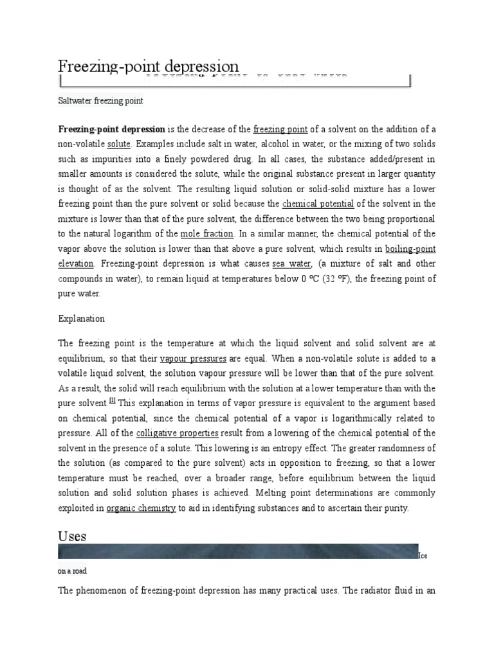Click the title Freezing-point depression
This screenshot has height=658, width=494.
149,66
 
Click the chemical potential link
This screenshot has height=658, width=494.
318,204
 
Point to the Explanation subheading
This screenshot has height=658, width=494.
81,319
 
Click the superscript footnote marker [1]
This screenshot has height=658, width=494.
112,400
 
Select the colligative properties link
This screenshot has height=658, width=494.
177,433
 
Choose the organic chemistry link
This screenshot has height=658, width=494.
141,508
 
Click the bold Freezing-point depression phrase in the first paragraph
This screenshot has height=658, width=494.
112,129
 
